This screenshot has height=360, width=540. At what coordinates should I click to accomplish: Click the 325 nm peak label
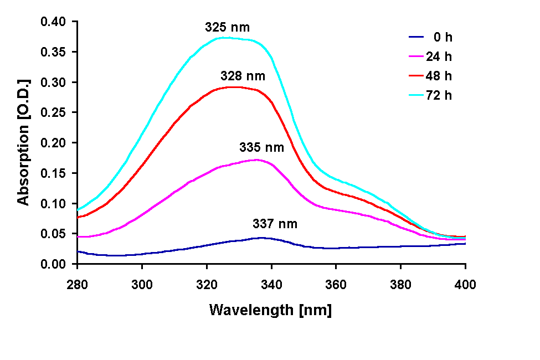pyautogui.click(x=227, y=27)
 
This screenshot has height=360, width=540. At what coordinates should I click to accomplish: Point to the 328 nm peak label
pyautogui.click(x=243, y=76)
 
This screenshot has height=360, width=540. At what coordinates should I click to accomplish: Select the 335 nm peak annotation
pyautogui.click(x=261, y=147)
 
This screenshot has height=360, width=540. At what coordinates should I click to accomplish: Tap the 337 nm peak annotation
pyautogui.click(x=275, y=224)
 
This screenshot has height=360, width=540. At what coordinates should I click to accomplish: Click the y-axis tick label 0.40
pyautogui.click(x=54, y=22)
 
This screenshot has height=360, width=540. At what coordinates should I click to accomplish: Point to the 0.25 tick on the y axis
pyautogui.click(x=54, y=113)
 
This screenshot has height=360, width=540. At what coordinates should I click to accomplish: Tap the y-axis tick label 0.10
pyautogui.click(x=54, y=204)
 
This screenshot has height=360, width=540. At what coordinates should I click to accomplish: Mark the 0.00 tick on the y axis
pyautogui.click(x=54, y=264)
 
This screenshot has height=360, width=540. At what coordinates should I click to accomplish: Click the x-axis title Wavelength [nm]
pyautogui.click(x=270, y=310)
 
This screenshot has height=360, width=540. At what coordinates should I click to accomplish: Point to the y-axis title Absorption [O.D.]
pyautogui.click(x=23, y=142)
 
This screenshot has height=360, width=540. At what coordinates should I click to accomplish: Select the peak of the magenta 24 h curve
pyautogui.click(x=256, y=160)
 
